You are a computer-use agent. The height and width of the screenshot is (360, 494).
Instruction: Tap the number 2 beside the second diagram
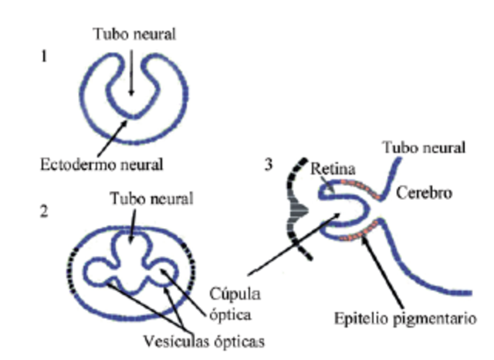pos(45,210)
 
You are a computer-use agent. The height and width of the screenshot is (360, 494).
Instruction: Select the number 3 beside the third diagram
pos(267,165)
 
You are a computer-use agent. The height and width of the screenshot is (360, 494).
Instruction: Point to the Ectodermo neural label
pos(103,165)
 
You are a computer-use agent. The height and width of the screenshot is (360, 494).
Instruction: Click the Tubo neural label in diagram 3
pos(425,147)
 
